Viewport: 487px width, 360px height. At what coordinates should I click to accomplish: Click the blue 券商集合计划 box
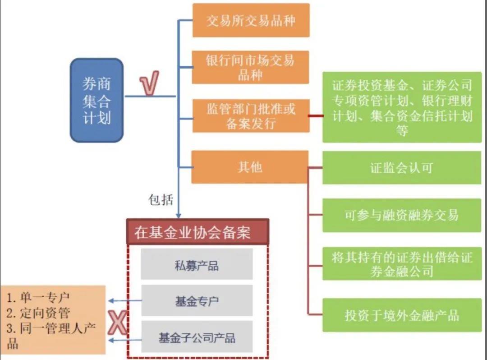[96, 100]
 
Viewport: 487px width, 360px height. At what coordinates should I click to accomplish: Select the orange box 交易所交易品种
[251, 20]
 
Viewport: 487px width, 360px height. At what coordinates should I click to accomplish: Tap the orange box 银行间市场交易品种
[250, 67]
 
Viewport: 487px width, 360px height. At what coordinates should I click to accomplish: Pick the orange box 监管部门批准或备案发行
[251, 116]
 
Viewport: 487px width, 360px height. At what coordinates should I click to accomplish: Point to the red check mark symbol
[149, 85]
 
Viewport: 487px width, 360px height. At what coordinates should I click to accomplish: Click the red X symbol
[118, 323]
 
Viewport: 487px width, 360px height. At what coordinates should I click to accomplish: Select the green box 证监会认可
[401, 168]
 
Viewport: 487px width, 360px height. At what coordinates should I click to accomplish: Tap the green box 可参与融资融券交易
[401, 215]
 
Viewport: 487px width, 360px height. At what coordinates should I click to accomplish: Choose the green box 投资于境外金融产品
[401, 315]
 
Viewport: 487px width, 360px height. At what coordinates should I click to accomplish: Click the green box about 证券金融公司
[401, 264]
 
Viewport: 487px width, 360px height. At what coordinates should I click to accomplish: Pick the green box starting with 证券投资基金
[401, 107]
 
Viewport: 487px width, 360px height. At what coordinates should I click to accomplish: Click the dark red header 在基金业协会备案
[198, 232]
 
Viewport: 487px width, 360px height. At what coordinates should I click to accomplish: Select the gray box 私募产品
[197, 265]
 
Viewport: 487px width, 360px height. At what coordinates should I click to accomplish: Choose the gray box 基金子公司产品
[197, 337]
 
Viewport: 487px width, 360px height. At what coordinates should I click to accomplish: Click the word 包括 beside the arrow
[161, 199]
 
